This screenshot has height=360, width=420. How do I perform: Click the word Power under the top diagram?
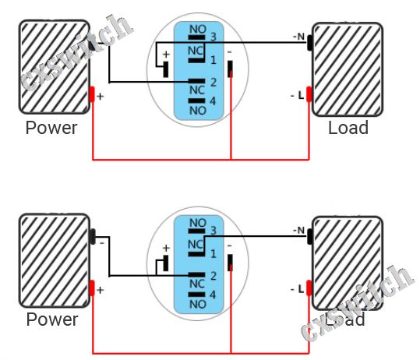(51, 128)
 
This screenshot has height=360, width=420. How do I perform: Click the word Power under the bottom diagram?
(52, 319)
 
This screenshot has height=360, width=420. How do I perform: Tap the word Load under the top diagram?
(348, 128)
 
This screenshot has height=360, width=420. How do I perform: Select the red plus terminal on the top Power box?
(92, 94)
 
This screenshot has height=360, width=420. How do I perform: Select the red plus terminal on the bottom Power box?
(92, 288)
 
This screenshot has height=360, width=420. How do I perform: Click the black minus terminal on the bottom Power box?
(93, 236)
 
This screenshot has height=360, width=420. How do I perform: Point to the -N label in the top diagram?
(299, 37)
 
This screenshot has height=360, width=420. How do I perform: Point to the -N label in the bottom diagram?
(299, 230)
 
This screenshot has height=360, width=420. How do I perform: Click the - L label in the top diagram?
(298, 95)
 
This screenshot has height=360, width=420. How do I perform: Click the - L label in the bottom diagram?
(298, 289)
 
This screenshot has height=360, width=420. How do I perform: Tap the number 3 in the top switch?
(214, 37)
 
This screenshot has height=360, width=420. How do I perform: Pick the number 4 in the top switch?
(213, 101)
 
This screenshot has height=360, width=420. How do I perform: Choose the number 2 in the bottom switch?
(214, 276)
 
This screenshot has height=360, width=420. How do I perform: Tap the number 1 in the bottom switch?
(214, 254)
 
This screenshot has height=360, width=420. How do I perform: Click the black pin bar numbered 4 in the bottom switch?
(196, 295)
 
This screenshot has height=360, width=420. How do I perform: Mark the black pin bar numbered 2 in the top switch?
(196, 81)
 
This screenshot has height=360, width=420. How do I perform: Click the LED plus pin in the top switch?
(166, 69)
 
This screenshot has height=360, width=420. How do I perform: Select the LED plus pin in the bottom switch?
(166, 263)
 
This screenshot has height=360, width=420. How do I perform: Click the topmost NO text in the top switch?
(198, 29)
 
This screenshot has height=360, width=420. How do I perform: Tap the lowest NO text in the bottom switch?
(198, 304)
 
